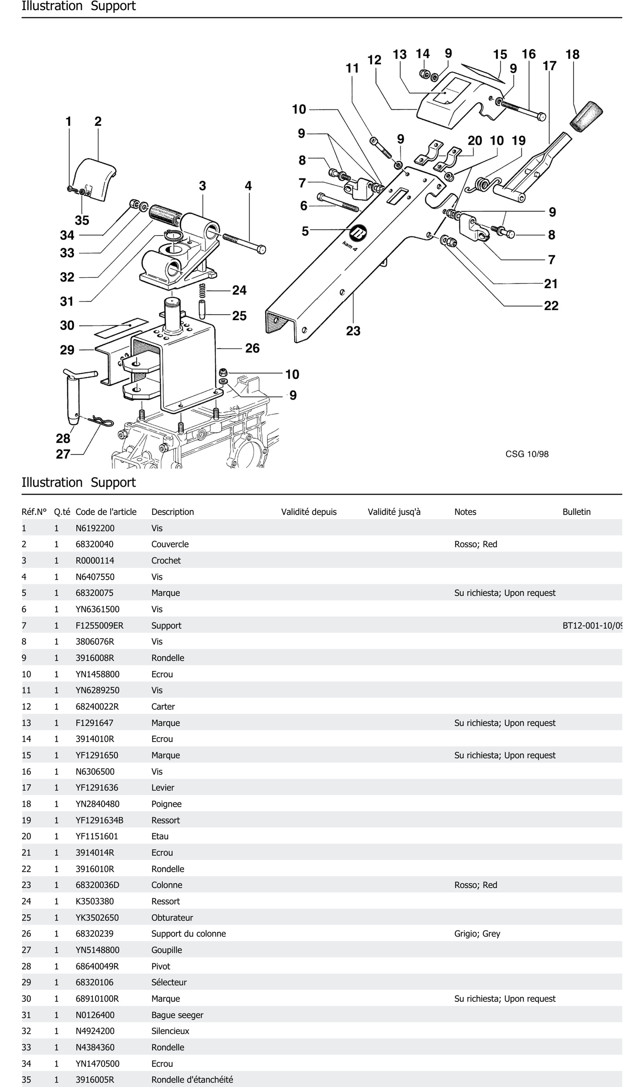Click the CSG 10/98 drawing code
[527, 454]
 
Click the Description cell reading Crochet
[166, 560]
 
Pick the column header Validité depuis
[309, 512]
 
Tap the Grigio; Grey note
[477, 933]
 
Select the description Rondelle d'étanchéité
[192, 1080]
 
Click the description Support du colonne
[188, 933]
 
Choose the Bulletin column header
[576, 512]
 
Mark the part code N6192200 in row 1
[95, 528]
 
